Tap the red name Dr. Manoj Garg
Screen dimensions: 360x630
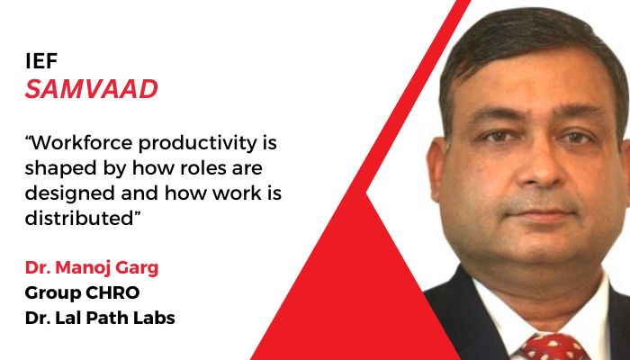click(83, 267)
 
